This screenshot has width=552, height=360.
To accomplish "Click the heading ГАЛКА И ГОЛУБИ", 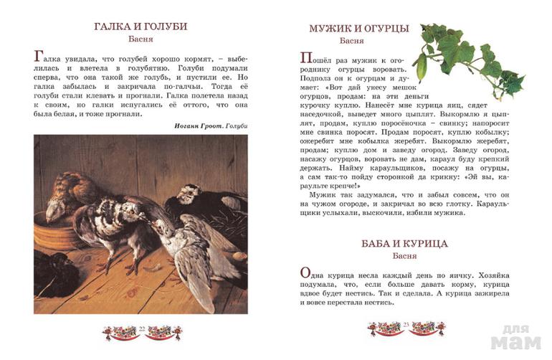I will [x=141, y=27].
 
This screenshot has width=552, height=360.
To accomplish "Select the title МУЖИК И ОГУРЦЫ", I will [x=358, y=29].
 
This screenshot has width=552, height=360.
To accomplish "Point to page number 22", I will [x=142, y=328].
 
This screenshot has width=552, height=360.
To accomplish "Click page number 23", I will [x=406, y=328].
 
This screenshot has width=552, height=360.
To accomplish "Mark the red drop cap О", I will [x=305, y=274].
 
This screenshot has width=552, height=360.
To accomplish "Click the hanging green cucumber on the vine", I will [x=422, y=67].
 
